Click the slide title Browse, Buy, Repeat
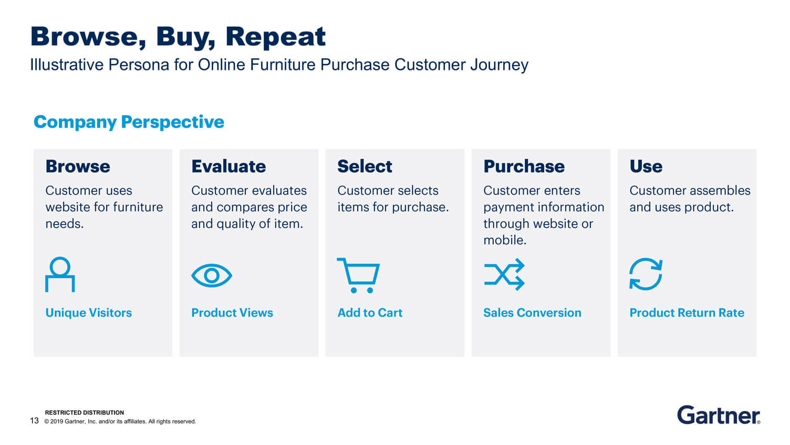tap(178, 37)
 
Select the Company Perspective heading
tap(129, 122)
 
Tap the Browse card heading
tap(78, 166)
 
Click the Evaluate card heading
tap(228, 166)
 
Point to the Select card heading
tap(365, 166)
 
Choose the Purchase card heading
tap(524, 166)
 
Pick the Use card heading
tap(646, 166)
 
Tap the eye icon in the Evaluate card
tap(212, 276)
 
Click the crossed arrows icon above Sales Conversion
tap(504, 275)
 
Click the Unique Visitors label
tap(89, 313)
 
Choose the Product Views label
tap(232, 313)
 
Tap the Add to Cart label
tap(370, 313)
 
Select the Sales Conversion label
tap(532, 313)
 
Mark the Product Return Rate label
tap(687, 313)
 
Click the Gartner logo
tap(719, 415)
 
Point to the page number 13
tap(34, 421)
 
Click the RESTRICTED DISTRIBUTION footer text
tap(84, 412)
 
